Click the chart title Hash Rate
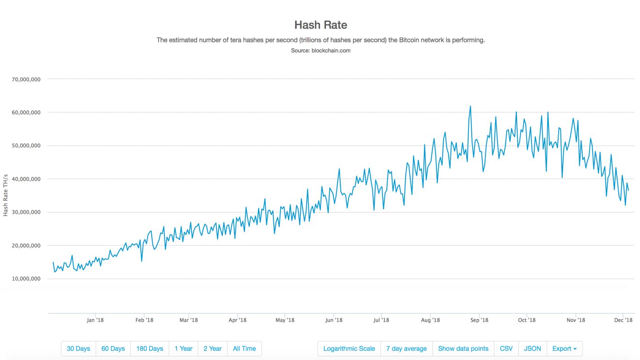320,25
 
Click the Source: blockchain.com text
320,51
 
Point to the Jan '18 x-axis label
95,320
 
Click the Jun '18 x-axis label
333,320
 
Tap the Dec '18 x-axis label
623,320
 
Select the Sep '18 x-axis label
480,320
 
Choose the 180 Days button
149,349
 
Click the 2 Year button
212,349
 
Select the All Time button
244,349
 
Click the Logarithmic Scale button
349,349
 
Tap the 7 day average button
406,349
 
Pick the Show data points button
463,349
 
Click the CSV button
506,349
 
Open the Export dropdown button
564,349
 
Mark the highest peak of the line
470,106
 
